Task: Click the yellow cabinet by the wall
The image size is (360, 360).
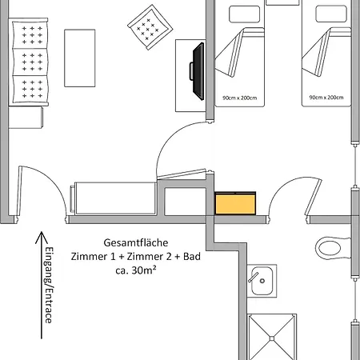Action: pos(235,203)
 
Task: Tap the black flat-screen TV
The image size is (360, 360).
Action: pos(198,71)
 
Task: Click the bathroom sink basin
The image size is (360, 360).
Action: pos(262,281)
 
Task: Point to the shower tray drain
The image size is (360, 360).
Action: pos(272,338)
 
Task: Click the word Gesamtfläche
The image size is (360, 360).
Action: pos(136,242)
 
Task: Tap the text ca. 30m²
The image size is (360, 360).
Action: pos(136,270)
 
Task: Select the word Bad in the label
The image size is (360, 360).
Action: pos(192,257)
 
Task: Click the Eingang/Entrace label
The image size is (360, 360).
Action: pos(49,285)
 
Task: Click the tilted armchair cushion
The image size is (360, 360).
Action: pos(150,27)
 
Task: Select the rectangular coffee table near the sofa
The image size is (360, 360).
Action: pos(80,58)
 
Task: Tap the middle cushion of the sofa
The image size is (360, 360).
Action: pos(30,62)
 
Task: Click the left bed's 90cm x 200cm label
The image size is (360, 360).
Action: pos(240,98)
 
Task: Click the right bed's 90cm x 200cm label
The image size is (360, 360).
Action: pos(326,98)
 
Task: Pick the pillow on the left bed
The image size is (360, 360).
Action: pos(245,14)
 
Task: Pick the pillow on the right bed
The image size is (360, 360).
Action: pos(331,14)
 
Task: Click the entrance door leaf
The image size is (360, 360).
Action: pos(18,191)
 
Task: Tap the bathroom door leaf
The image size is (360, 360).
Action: pos(313,198)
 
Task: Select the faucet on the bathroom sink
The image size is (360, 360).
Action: pos(254,278)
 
